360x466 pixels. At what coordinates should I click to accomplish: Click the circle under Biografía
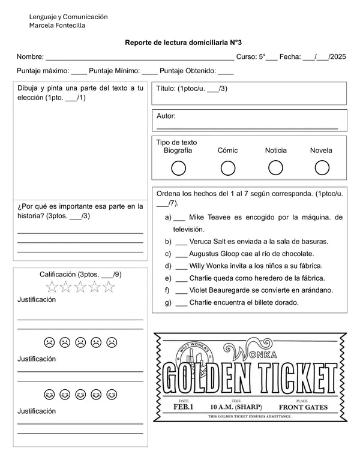(x=178, y=169)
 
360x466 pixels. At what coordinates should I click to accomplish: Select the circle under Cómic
(x=228, y=169)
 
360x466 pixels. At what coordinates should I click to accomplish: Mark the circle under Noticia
(x=275, y=169)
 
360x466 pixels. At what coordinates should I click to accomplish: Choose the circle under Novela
(x=322, y=169)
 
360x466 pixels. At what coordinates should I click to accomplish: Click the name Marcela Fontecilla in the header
(x=57, y=26)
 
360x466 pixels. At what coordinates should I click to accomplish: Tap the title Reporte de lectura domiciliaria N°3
(x=183, y=43)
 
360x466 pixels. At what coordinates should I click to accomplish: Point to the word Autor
(x=166, y=116)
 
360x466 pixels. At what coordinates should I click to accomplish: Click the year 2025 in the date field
(x=338, y=57)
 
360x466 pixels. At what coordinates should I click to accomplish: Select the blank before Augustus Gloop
(x=181, y=254)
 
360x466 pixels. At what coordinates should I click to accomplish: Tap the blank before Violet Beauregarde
(x=181, y=290)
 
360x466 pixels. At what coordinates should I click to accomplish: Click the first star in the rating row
(x=52, y=287)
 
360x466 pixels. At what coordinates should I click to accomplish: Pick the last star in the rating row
(x=109, y=287)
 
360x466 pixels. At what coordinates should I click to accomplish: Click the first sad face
(x=49, y=343)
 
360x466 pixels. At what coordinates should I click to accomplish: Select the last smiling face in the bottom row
(x=112, y=395)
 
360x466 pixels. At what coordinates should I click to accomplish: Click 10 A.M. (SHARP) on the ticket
(x=236, y=407)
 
